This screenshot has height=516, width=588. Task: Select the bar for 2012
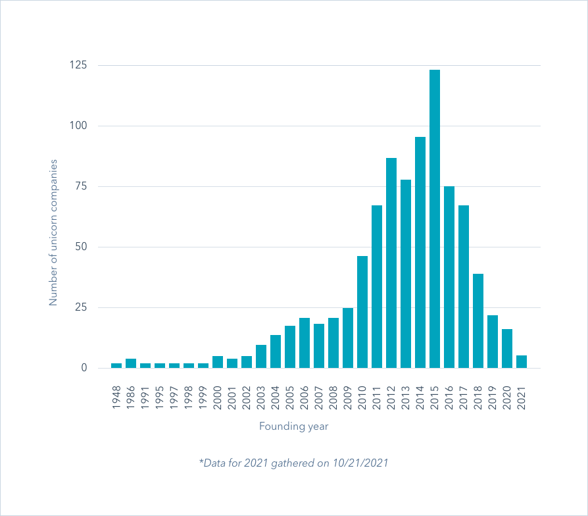pyautogui.click(x=391, y=263)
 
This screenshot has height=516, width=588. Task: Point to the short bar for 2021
pyautogui.click(x=522, y=362)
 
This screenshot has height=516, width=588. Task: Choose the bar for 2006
pyautogui.click(x=305, y=343)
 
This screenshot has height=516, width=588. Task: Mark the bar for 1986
pyautogui.click(x=131, y=363)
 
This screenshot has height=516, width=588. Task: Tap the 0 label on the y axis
pyautogui.click(x=84, y=368)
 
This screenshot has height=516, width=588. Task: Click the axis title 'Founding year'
pyautogui.click(x=293, y=426)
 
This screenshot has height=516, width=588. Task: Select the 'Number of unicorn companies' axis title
pyautogui.click(x=54, y=232)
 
